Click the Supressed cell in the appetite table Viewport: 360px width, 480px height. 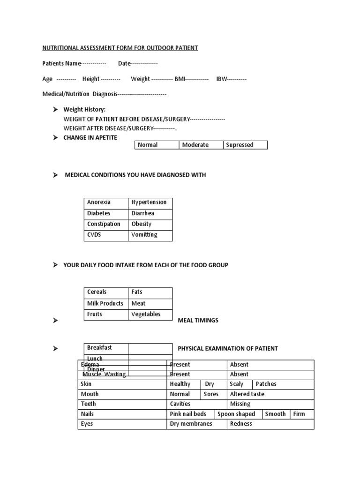(x=245, y=145)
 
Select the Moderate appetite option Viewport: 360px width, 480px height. (x=200, y=145)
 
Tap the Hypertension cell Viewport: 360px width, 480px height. (x=150, y=202)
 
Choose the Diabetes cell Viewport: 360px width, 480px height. (x=106, y=213)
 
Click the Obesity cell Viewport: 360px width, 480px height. (x=150, y=224)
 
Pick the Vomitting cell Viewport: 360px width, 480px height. (x=150, y=235)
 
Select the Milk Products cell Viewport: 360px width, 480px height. (x=106, y=303)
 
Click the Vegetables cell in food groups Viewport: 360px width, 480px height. (x=150, y=314)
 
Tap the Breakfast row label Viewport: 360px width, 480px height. (x=106, y=348)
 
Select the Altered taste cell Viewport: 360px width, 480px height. (x=247, y=394)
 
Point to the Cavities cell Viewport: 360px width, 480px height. (x=180, y=404)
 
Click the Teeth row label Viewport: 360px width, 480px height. (x=89, y=404)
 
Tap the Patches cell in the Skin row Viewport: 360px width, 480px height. (x=266, y=384)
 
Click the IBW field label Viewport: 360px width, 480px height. (x=221, y=79)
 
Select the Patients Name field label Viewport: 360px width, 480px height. (x=62, y=63)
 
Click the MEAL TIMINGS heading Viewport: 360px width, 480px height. (x=198, y=321)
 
